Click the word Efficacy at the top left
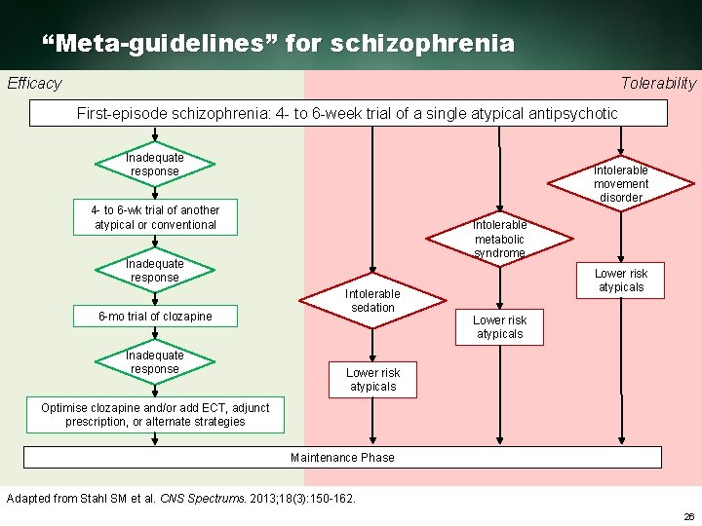[34, 84]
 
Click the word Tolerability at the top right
[658, 84]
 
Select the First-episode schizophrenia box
[348, 113]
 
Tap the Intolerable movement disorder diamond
[621, 183]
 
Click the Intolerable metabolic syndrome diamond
[499, 239]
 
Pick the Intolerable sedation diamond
[372, 300]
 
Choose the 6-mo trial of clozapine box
[155, 316]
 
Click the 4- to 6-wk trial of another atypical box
[155, 217]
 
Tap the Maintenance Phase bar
[342, 457]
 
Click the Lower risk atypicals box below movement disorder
[621, 281]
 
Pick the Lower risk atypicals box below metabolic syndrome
[499, 327]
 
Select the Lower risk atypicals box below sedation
[372, 380]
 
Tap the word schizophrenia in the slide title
[422, 44]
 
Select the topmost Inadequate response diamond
[155, 165]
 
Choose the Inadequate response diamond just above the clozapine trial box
[155, 271]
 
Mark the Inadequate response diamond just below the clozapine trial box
[155, 362]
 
